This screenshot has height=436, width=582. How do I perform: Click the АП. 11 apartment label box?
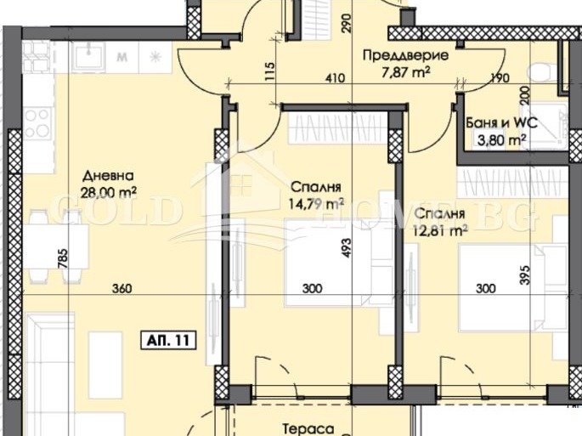coord(168,340)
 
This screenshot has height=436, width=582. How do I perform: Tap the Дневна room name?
coord(108,175)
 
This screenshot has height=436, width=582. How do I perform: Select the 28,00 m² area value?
coord(109,193)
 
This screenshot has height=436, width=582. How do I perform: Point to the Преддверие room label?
coord(405,56)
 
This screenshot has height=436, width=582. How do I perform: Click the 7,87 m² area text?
coord(405,72)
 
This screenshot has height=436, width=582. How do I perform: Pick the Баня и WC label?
coord(501,122)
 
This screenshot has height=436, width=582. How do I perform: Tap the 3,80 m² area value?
coord(501,140)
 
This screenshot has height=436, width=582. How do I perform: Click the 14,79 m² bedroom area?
coord(316,204)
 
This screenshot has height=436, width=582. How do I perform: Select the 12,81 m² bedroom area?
coord(440,231)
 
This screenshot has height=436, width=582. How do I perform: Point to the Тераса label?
coord(308,429)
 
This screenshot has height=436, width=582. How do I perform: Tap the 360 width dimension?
coord(121,288)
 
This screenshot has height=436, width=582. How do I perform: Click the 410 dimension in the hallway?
coord(335,78)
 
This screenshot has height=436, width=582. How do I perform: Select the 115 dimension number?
coord(270,71)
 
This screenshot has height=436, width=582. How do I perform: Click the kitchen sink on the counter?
coord(89,56)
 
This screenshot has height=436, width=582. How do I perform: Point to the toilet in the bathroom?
coord(543,71)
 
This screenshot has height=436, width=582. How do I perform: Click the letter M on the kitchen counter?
coord(122,58)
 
